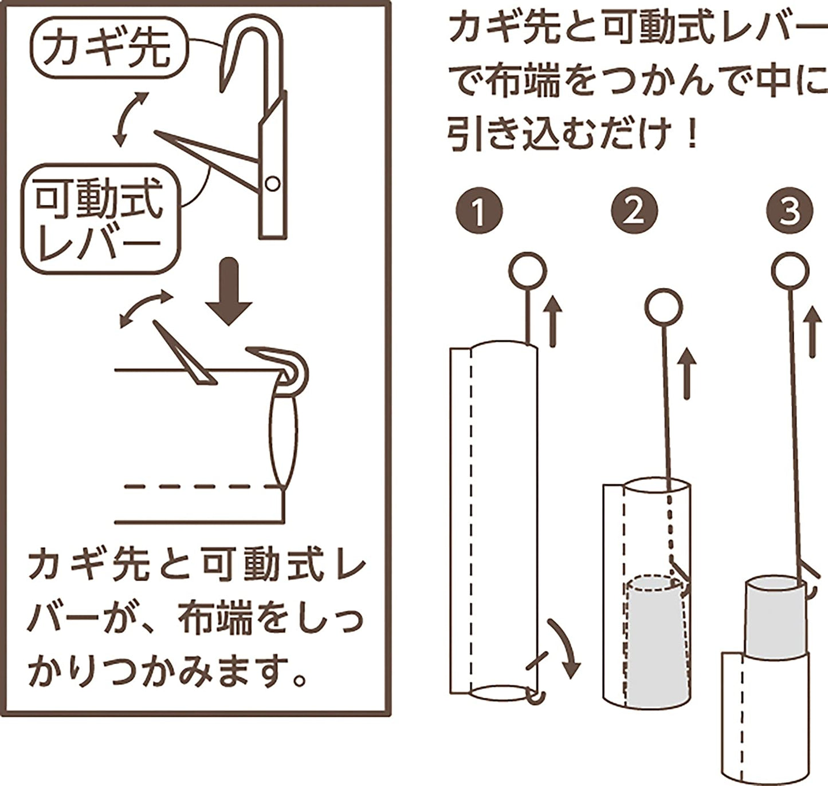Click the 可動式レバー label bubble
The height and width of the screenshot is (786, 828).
[x=100, y=220]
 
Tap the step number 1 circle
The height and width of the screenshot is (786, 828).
[x=479, y=211]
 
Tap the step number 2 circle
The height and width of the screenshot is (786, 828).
[x=634, y=211]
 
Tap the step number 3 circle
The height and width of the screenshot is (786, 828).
[x=790, y=211]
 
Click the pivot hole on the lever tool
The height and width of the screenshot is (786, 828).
[x=273, y=184]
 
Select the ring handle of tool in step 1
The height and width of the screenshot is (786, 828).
[x=528, y=270]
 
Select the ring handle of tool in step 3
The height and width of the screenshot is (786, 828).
[x=790, y=271]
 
